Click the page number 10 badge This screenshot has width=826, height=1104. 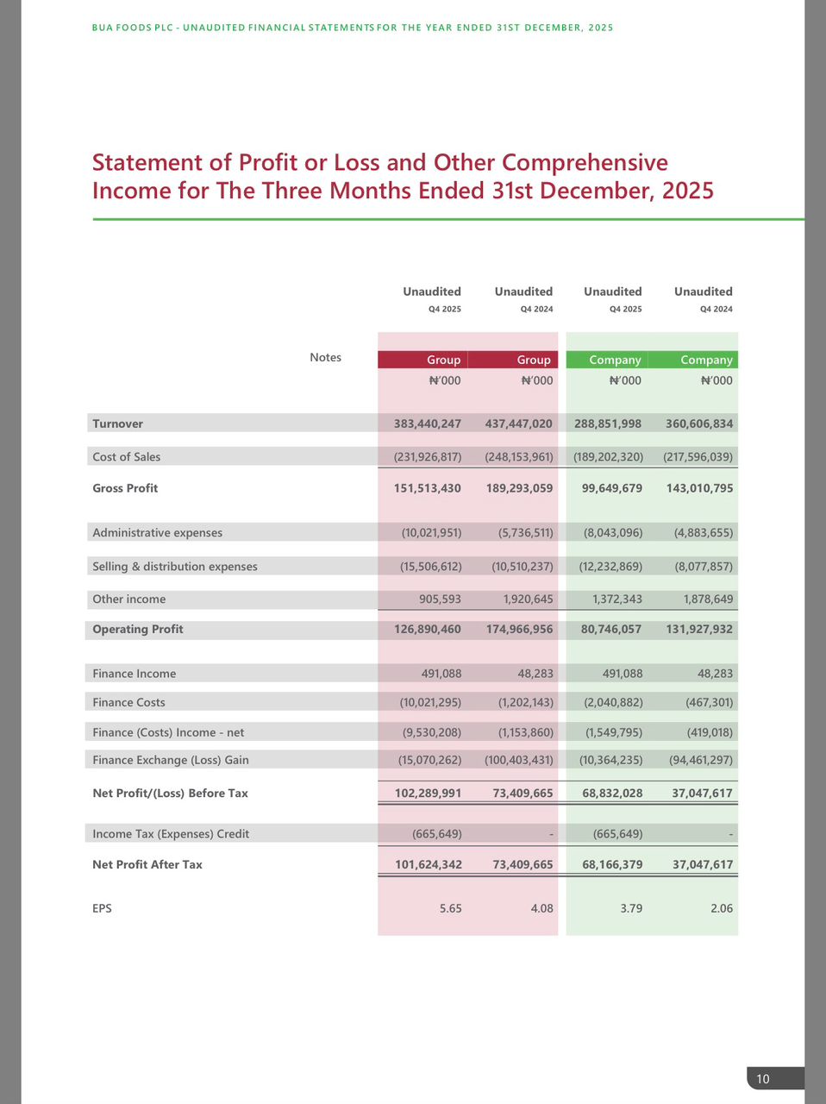763,1079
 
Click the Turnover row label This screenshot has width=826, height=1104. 118,423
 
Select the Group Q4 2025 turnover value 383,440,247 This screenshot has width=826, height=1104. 428,423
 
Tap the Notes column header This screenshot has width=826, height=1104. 325,357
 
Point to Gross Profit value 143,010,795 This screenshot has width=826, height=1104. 699,488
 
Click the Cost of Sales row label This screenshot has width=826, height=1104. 127,456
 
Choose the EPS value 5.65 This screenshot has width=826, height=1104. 450,908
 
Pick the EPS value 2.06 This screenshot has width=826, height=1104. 721,908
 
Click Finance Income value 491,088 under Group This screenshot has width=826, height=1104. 441,674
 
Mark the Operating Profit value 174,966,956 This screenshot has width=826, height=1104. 519,629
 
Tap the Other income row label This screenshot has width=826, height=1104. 129,599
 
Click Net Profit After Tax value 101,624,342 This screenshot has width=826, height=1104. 428,864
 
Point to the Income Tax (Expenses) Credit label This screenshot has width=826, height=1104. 171,834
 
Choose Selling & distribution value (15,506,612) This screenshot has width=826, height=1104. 430,567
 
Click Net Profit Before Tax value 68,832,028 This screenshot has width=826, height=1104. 612,793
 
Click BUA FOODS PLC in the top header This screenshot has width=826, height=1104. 129,28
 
